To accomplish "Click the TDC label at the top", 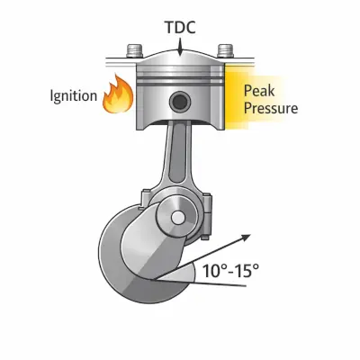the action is point(181,27).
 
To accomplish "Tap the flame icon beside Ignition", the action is point(118,94).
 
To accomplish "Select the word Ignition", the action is point(74,96).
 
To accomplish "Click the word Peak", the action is point(259,90).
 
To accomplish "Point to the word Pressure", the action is point(271,108).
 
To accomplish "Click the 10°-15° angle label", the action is point(230,271).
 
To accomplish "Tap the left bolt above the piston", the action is point(134,52).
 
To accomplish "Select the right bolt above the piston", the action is point(226,51).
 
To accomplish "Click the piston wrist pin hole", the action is point(180,102).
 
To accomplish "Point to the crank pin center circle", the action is point(178,218).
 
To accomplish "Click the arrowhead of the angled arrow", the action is point(247,238).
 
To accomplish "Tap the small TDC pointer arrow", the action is point(180,47).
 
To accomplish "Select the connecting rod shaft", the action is point(177,156).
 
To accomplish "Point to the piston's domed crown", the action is point(180,59).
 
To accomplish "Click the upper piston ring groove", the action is point(180,77).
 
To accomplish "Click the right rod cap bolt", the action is point(206,216).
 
